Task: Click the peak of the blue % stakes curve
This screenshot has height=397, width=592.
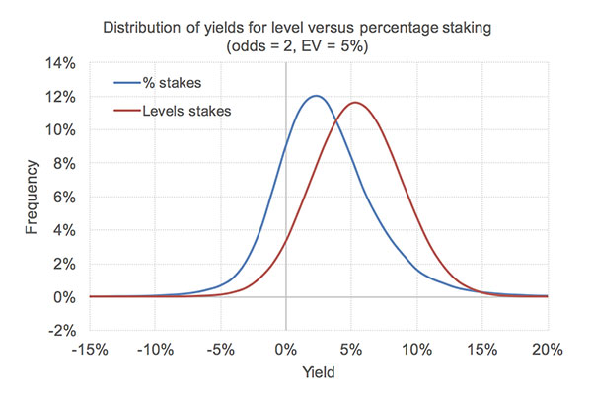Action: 316,96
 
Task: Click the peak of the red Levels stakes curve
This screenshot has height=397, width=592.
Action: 355,103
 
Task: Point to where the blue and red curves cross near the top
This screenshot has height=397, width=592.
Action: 335,120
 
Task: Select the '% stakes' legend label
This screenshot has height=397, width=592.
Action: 172,83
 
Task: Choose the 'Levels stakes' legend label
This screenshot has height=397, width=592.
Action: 186,111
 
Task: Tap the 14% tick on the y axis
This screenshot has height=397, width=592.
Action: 60,63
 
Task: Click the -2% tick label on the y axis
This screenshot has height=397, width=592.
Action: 62,331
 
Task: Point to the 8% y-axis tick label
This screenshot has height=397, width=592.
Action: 64,164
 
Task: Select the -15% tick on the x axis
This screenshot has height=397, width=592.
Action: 90,350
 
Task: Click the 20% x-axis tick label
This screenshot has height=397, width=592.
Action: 548,350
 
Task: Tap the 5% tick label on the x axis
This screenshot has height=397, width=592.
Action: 351,350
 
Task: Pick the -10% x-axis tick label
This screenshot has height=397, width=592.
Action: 155,350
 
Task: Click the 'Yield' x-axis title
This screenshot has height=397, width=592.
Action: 319,372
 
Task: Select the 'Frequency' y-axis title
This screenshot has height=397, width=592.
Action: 32,197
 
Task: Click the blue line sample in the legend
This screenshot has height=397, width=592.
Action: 127,83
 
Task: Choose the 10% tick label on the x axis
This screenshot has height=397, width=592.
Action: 416,350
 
